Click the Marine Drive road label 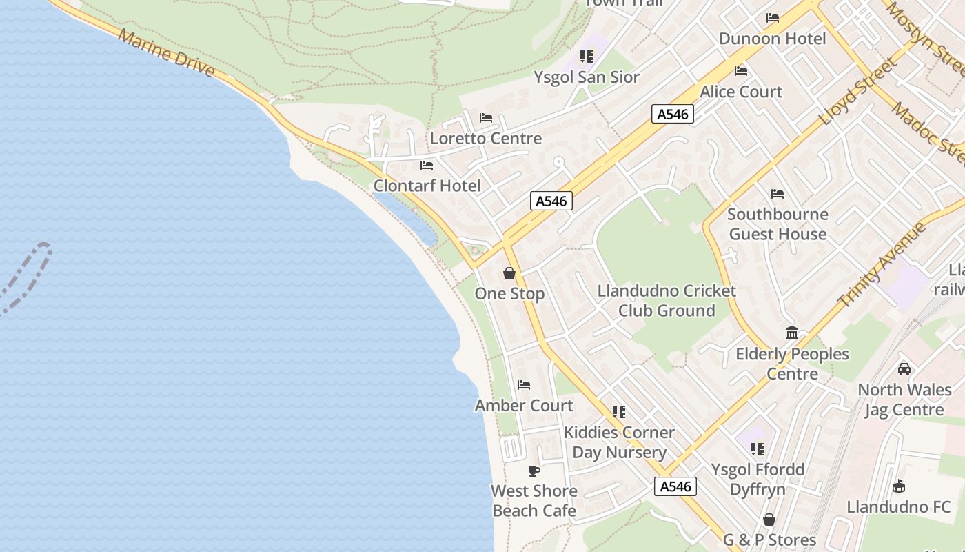[165, 53]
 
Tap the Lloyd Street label [859, 92]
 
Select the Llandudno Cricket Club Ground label [667, 301]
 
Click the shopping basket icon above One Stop [509, 273]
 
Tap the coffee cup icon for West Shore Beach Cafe [534, 471]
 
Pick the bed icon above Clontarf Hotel [427, 166]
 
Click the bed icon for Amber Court [524, 385]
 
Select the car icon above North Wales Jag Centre [904, 369]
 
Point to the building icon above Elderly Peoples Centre [792, 333]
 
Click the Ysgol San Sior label [587, 77]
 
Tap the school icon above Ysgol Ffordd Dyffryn [758, 449]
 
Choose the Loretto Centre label [486, 138]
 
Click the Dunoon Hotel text [772, 39]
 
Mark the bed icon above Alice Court [741, 71]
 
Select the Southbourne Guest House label [778, 224]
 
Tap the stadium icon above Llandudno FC [899, 486]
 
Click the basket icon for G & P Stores [769, 520]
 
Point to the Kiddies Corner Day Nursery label [619, 442]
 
